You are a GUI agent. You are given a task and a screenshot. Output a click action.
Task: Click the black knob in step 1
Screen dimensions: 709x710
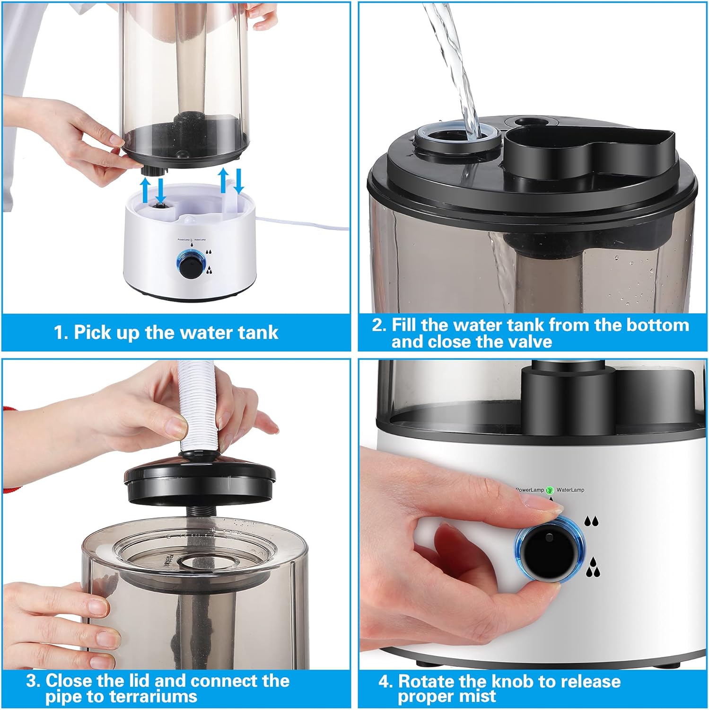click(x=192, y=262)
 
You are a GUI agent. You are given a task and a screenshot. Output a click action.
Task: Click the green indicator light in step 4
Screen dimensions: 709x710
click(x=550, y=490)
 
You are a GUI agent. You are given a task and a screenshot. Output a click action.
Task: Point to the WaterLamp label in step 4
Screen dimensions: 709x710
click(x=570, y=490)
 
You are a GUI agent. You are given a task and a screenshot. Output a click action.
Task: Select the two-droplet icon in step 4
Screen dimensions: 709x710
click(x=591, y=521)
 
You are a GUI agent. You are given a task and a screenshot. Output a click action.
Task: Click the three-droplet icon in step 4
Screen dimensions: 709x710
click(x=593, y=568)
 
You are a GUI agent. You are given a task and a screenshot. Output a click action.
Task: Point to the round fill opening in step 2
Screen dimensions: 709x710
click(x=457, y=138)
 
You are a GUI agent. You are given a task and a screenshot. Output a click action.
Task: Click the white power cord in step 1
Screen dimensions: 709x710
click(x=303, y=223)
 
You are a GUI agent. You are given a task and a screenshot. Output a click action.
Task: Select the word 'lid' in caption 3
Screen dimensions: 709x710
click(x=140, y=682)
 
